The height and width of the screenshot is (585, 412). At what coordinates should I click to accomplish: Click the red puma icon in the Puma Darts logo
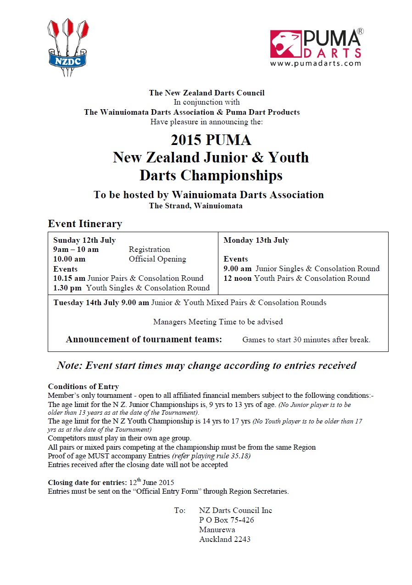285,44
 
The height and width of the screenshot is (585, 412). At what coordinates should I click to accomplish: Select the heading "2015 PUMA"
211,139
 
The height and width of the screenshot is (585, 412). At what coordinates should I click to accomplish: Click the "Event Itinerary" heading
85,224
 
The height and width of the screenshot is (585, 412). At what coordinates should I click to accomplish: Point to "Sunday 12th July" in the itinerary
84,240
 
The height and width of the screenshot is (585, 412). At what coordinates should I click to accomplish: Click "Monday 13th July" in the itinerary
256,240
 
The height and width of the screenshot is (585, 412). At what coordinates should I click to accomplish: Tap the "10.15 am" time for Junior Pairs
69,278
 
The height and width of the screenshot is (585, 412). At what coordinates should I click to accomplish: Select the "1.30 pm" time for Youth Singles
68,288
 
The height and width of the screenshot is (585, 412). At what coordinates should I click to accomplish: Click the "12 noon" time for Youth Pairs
238,278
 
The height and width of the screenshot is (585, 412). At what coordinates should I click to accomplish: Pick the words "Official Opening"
157,259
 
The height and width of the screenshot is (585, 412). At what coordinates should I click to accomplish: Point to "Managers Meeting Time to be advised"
218,322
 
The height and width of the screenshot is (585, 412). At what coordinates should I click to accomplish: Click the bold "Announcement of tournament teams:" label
144,340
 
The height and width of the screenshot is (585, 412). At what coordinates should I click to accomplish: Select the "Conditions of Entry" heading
84,386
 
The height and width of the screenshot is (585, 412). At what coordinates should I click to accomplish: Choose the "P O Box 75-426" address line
226,520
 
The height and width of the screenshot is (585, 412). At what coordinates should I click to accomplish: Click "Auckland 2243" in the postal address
225,539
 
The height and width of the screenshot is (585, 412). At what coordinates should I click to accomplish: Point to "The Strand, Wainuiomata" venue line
196,206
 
